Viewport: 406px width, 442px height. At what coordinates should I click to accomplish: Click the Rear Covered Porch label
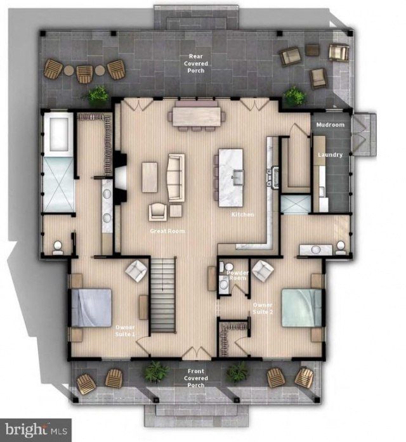[196, 63]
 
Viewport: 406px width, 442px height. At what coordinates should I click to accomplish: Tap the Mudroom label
[330, 124]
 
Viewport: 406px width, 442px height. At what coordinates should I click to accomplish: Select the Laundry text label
[330, 155]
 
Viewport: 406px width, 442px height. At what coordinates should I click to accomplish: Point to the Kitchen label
[243, 214]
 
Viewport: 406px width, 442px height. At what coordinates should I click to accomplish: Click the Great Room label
[167, 231]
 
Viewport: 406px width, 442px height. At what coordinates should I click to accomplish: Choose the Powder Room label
[237, 275]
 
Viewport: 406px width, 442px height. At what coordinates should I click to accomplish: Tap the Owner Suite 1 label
[125, 330]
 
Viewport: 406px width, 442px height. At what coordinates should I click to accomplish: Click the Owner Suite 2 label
[263, 308]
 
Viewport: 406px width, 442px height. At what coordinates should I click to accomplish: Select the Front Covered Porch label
[196, 378]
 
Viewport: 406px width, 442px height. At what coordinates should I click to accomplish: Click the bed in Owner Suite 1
[91, 308]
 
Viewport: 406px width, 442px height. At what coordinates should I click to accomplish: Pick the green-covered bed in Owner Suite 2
[302, 308]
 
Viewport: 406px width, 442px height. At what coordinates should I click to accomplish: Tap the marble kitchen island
[231, 178]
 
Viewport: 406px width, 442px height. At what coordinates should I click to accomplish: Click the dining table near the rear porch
[197, 117]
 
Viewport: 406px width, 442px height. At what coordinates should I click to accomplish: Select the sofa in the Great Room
[176, 178]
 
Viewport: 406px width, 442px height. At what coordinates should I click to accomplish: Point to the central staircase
[163, 295]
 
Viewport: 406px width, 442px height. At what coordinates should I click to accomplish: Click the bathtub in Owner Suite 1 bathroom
[58, 134]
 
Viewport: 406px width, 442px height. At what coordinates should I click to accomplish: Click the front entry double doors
[196, 353]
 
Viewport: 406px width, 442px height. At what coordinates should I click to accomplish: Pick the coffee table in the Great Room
[150, 177]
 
